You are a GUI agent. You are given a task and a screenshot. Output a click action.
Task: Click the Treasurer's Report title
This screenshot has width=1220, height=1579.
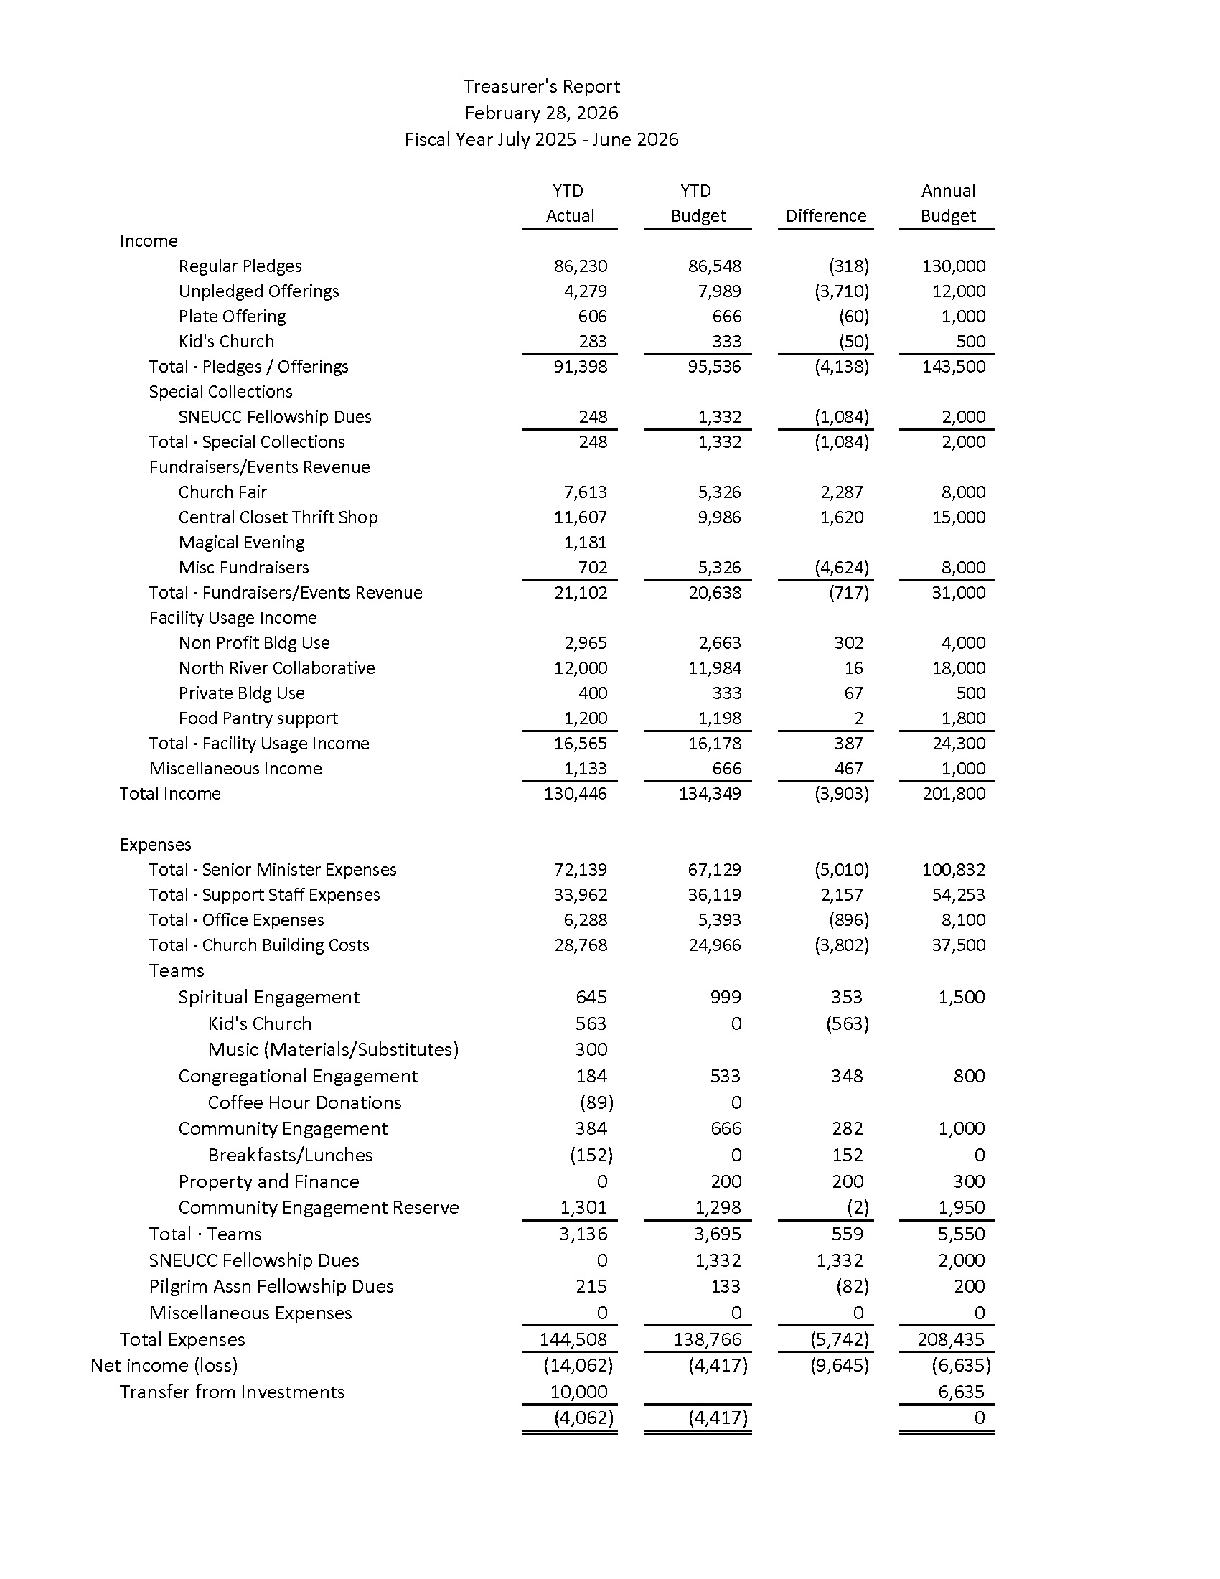click(541, 87)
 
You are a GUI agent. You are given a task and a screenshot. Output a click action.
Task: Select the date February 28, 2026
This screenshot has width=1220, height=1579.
click(541, 113)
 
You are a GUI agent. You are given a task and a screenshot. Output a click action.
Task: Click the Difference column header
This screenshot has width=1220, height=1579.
click(825, 216)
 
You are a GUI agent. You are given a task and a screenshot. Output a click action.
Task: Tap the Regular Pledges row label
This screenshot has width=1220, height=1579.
click(240, 266)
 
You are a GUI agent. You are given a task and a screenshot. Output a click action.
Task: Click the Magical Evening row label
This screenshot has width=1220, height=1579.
click(241, 542)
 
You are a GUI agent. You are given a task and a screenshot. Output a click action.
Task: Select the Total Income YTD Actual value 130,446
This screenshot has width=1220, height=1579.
click(576, 794)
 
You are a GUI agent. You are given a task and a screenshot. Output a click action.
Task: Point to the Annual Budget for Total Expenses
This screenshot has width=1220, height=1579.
click(950, 1340)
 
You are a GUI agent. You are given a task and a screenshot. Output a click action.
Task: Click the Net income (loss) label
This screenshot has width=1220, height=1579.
click(164, 1366)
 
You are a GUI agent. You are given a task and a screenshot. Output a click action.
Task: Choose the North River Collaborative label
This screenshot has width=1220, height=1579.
click(277, 668)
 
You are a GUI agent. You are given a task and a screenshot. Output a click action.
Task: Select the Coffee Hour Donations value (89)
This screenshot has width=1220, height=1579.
click(596, 1102)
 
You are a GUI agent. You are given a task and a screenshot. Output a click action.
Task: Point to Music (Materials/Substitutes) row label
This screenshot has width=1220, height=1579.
click(333, 1050)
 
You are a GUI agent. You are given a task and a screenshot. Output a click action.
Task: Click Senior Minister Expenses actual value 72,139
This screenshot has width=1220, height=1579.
click(581, 870)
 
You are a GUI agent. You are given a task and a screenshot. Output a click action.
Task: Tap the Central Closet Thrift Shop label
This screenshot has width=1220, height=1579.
click(278, 517)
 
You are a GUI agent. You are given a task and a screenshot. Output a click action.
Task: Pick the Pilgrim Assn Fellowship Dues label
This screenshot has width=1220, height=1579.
click(271, 1287)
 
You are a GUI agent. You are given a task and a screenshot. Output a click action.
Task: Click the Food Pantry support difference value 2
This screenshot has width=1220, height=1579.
click(858, 718)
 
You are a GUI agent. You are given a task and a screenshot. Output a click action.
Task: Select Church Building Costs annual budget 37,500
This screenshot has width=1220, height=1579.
click(958, 945)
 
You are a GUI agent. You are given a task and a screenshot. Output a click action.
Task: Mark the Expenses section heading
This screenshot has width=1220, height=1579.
click(156, 845)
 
